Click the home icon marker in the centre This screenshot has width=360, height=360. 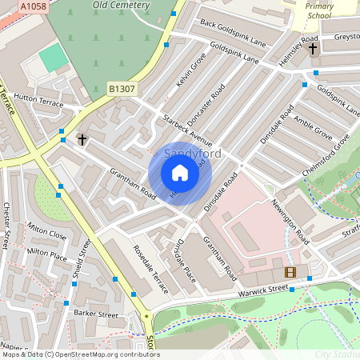coord(180,173)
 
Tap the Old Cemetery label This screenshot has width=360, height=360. coord(121,5)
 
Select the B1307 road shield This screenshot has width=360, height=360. coord(121,89)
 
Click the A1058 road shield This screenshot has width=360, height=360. coord(33,6)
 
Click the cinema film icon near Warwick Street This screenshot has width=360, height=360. coord(290,273)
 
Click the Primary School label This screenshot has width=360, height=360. coord(318,10)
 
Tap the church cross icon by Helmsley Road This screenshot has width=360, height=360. coord(312,50)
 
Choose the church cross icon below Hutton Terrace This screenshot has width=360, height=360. coord(82,140)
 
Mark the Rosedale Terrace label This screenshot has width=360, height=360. coord(150,269)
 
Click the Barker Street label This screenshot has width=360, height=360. coord(96,314)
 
